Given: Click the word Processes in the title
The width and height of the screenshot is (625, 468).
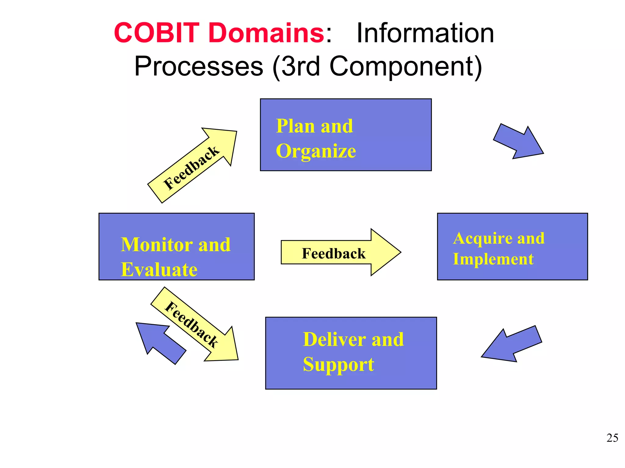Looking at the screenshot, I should (x=199, y=66).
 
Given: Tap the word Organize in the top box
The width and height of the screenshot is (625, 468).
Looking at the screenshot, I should (x=316, y=151).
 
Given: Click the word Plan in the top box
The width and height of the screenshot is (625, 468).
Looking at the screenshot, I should (x=295, y=126).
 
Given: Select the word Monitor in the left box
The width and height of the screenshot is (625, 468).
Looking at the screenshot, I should (x=157, y=245).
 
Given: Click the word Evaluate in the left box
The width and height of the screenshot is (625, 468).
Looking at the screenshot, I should (x=159, y=270).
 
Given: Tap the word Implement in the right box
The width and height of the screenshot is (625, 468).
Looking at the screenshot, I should (x=493, y=259).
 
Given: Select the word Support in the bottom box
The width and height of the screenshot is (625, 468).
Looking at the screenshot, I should (x=338, y=364).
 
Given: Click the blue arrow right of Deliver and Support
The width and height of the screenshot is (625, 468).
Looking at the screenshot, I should (x=513, y=344).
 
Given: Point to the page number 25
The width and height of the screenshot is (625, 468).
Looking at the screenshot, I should (x=612, y=438).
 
